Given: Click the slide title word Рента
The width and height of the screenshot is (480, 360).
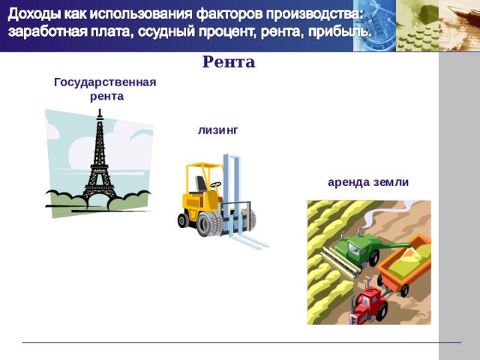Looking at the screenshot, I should coord(229,62).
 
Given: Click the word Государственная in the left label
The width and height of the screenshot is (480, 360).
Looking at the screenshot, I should coord(105,82).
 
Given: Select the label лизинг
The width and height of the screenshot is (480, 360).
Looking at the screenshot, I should coord(218,130).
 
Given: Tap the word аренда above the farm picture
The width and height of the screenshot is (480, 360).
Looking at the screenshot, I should coord(349,181).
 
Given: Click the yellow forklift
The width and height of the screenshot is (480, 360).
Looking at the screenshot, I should coord(214,199).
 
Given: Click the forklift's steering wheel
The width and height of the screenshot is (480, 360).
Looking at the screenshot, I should coord(216,183).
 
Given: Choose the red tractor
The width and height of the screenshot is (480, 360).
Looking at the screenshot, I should coord(369,302).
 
